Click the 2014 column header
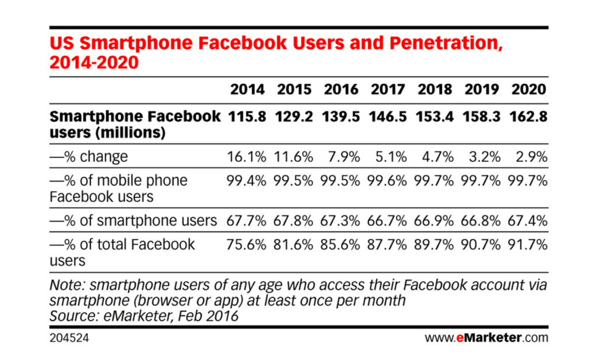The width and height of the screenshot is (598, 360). click(247, 89)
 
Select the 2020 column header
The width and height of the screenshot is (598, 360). click(529, 89)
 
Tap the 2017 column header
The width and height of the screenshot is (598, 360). click(388, 89)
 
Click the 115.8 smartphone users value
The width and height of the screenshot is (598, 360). click(247, 116)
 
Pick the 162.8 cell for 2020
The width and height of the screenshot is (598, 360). click(529, 116)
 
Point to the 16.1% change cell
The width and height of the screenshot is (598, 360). click(247, 157)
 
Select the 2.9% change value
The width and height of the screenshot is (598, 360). click(530, 157)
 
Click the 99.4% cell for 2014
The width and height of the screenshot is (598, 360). click(247, 181)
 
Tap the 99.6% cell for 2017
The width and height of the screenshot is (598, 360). click(388, 181)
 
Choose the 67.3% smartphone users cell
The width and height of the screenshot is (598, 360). click(341, 220)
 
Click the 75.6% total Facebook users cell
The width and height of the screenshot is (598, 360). click(247, 244)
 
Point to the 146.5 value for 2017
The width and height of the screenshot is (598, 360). click(388, 116)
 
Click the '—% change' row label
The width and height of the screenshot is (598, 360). click(89, 157)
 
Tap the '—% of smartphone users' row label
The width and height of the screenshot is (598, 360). click(134, 220)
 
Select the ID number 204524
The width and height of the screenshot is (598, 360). click(69, 338)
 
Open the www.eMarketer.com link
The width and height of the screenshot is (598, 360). click(486, 338)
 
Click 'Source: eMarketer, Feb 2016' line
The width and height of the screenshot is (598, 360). click(144, 316)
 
